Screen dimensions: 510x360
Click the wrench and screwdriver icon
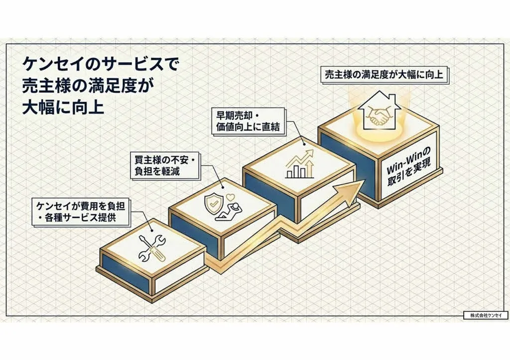click(x=150, y=244)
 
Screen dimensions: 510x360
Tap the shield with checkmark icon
click(x=211, y=204)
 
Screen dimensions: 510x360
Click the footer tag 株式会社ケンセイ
click(x=485, y=315)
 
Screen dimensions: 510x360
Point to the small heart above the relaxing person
click(x=231, y=197)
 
